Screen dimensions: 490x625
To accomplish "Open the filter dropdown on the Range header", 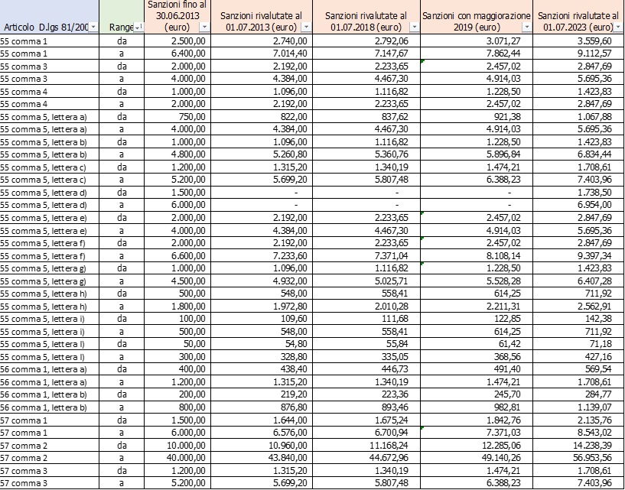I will [x=138, y=28].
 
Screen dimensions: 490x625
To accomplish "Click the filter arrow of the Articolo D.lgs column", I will [x=93, y=28].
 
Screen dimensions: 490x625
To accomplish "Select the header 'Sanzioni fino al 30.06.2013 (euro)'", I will [x=177, y=15].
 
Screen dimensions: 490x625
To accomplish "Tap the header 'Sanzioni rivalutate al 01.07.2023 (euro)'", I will [x=578, y=21].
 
